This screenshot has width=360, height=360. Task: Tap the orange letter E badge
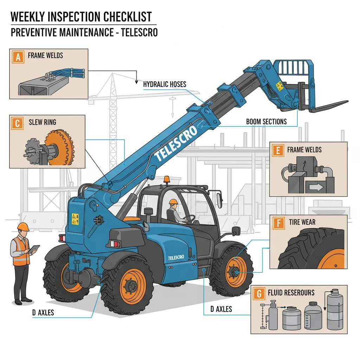point(278,150)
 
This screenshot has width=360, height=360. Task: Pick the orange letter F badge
point(278,223)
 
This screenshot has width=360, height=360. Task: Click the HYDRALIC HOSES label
point(165,84)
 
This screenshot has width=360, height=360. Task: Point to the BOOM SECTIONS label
point(266,122)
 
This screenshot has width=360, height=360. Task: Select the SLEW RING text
point(42,123)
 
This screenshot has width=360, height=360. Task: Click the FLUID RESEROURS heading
point(291,292)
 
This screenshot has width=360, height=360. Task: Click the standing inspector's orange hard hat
point(23,227)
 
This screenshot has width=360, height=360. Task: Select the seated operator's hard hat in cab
point(173,202)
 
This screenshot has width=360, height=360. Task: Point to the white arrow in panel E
point(316,187)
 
